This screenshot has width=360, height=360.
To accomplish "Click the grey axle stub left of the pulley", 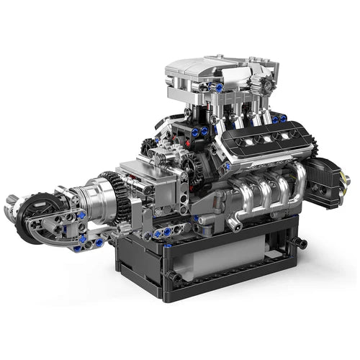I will point(11,201).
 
